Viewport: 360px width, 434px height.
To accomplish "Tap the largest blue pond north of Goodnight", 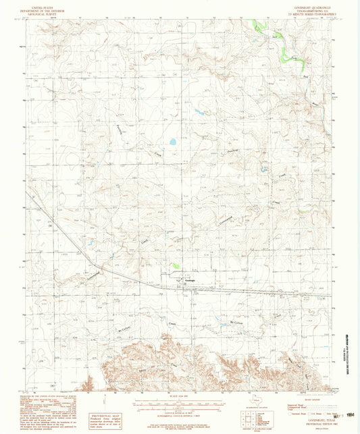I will click(x=173, y=142).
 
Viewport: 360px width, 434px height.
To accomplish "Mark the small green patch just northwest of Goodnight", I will click(x=175, y=267).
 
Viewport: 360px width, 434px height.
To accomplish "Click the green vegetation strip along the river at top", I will click(x=259, y=28).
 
